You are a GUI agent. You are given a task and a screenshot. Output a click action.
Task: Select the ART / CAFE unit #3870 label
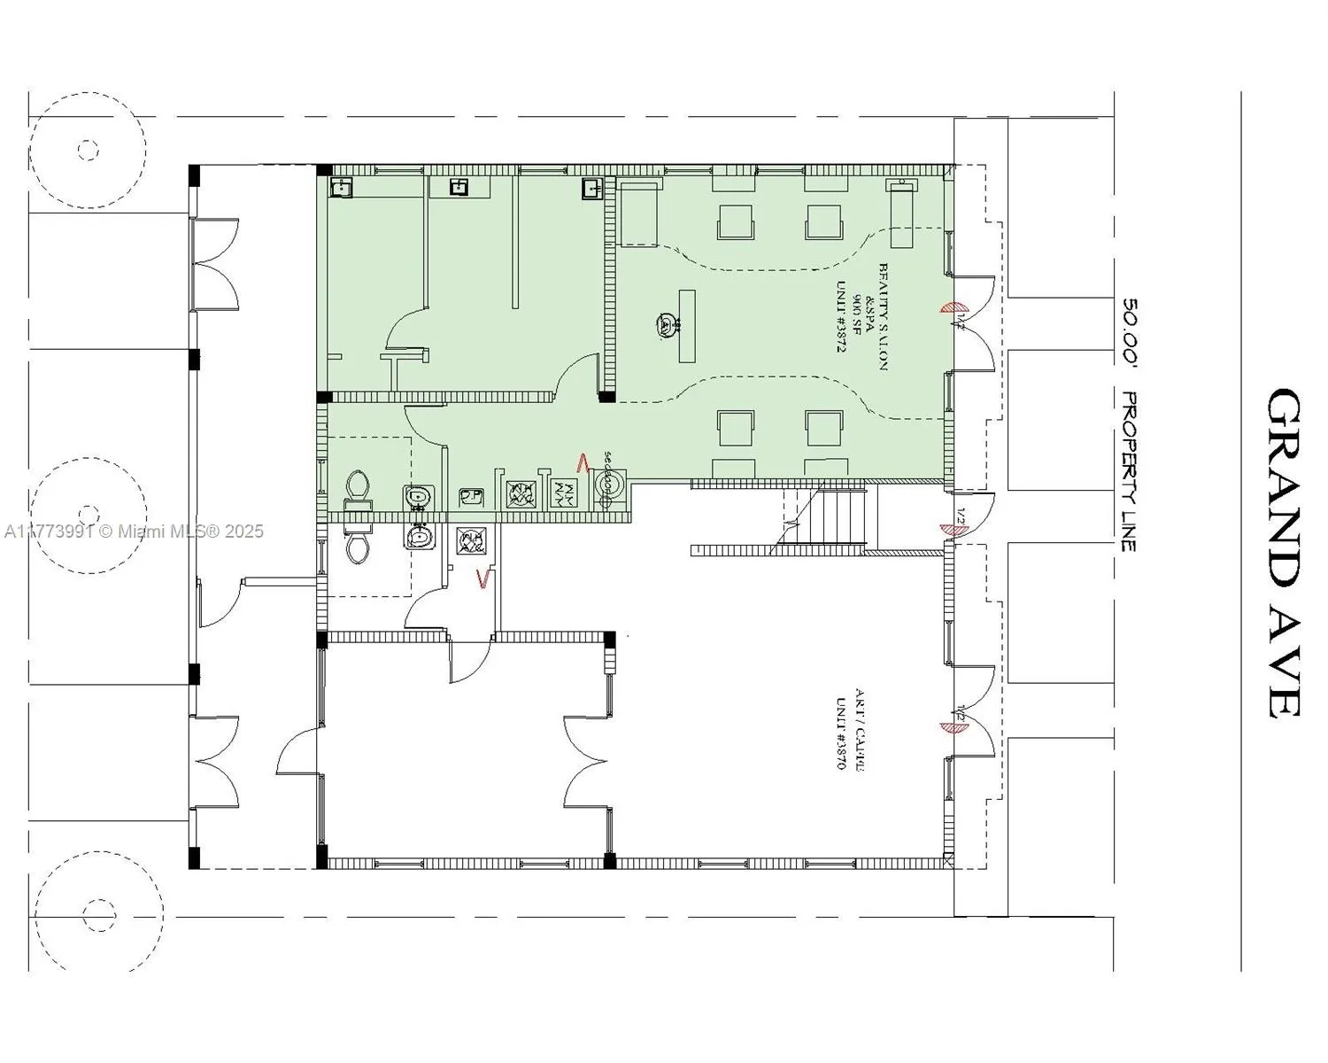[x=847, y=728]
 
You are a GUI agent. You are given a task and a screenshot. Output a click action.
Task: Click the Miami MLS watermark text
[x=133, y=531]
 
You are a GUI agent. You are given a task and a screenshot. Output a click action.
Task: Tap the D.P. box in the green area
[x=471, y=498]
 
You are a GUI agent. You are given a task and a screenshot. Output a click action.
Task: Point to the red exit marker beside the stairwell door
[x=950, y=530]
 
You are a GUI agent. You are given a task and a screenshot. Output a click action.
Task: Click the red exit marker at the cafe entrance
[x=950, y=727]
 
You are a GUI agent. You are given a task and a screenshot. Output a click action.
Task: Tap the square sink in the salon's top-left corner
[x=342, y=187]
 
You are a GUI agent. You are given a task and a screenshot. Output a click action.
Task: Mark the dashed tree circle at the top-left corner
[x=87, y=150]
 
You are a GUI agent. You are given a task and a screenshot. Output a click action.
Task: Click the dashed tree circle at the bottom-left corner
[x=92, y=910]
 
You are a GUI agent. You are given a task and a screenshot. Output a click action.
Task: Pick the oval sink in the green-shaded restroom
[x=418, y=498]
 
